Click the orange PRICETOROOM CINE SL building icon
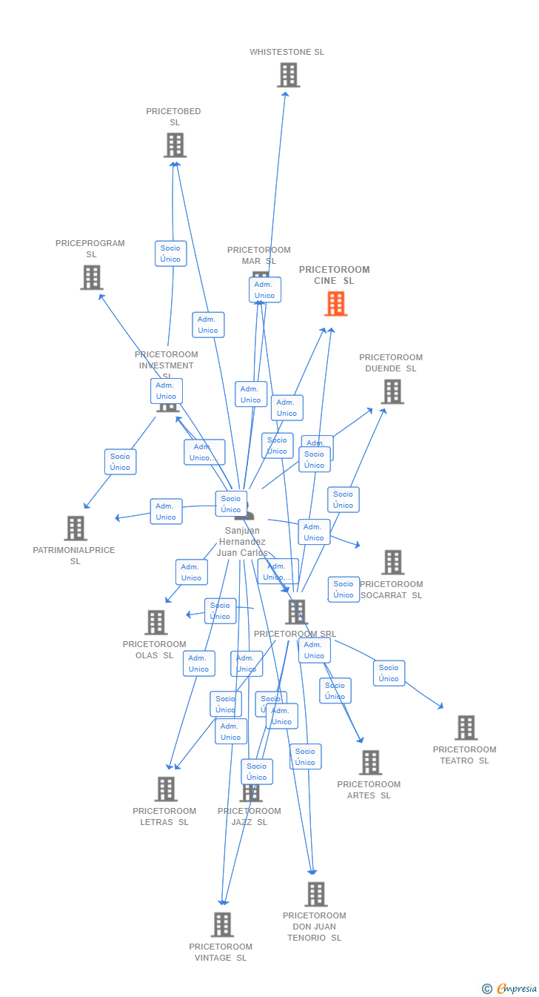[335, 303]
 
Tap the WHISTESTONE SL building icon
[288, 75]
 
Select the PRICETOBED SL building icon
[175, 145]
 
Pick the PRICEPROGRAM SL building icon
[91, 277]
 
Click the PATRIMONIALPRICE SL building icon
[76, 529]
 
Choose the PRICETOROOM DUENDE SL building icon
[392, 391]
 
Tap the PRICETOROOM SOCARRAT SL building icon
[392, 563]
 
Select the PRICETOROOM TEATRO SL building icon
[466, 728]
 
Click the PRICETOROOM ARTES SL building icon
[369, 763]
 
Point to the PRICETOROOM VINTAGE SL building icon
[222, 925]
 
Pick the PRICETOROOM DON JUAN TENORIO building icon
[315, 894]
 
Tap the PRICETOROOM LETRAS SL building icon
[166, 789]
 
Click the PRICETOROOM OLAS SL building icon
[155, 623]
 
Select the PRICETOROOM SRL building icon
[296, 612]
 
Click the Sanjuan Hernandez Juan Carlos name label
[242, 542]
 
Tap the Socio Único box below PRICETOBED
[170, 254]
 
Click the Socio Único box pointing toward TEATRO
[389, 673]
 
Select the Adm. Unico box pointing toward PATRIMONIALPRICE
[166, 511]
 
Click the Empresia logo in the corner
[510, 988]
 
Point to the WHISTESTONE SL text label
[287, 53]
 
